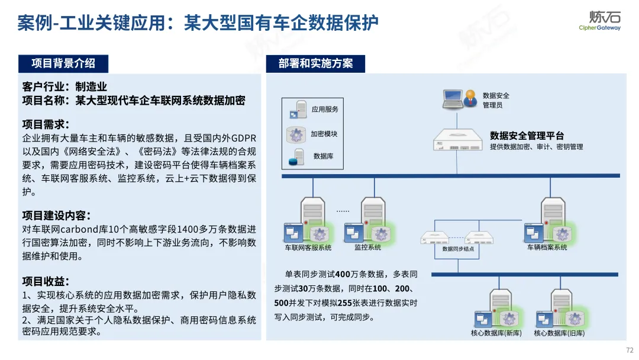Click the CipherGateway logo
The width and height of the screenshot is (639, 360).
click(x=600, y=20)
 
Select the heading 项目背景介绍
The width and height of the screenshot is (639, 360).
click(x=63, y=63)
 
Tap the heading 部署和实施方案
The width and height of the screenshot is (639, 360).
click(x=315, y=63)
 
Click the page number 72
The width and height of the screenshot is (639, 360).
click(x=630, y=350)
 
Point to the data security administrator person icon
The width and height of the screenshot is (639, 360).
click(x=470, y=98)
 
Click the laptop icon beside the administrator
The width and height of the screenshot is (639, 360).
click(x=453, y=99)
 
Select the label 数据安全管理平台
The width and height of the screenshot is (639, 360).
click(x=527, y=136)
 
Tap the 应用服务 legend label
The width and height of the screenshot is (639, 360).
click(x=325, y=110)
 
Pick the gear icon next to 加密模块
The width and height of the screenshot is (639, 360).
click(x=296, y=134)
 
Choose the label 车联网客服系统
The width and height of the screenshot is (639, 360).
click(x=308, y=247)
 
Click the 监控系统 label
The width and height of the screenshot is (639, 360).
click(x=367, y=247)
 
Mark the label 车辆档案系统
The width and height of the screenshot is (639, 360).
click(x=547, y=247)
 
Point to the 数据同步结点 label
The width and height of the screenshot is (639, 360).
click(x=458, y=249)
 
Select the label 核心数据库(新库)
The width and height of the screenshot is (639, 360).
click(x=496, y=333)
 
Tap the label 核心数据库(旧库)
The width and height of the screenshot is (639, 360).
click(x=559, y=333)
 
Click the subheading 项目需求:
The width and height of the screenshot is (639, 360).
click(x=46, y=124)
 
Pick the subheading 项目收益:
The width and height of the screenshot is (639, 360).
click(x=46, y=281)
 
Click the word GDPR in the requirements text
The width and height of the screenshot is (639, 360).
click(x=244, y=138)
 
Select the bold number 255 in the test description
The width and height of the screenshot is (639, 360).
click(x=345, y=303)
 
